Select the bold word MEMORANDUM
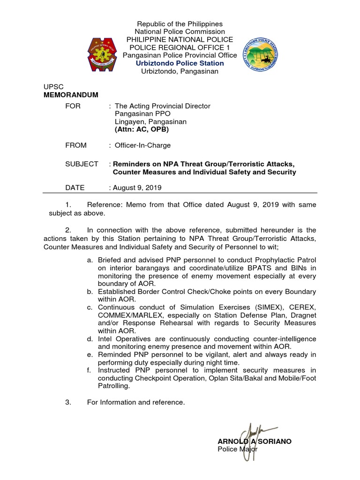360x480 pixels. [x=71, y=95]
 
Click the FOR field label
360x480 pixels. [x=73, y=106]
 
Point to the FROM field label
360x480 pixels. [x=76, y=145]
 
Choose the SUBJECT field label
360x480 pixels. [x=82, y=164]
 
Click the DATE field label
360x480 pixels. [x=75, y=187]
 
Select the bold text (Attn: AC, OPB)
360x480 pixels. [x=142, y=129]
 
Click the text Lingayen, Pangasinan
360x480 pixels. [x=150, y=121]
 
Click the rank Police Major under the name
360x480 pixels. [x=238, y=449]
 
